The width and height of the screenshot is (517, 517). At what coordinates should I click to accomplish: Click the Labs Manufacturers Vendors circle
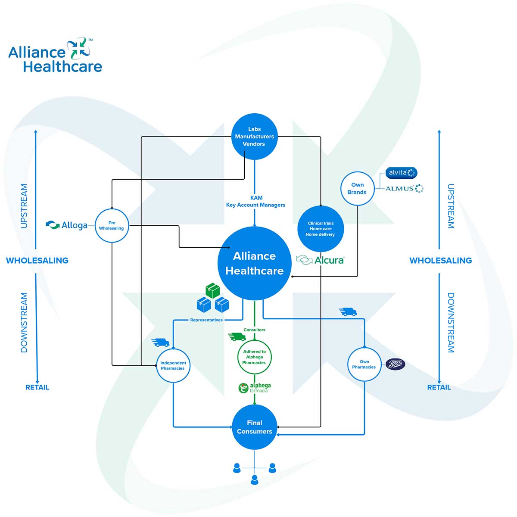click(254, 136)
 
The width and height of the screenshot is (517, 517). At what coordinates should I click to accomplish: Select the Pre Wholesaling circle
click(112, 225)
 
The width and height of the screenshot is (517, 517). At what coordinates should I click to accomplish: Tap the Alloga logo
click(67, 225)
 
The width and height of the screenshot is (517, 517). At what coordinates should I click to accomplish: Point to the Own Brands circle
click(357, 188)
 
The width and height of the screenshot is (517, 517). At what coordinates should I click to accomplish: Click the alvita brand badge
click(401, 173)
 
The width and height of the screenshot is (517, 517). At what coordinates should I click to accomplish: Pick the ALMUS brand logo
click(404, 188)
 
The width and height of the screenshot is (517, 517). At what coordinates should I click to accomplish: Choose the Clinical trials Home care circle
click(321, 229)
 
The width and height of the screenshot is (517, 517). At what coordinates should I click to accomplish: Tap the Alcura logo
click(321, 260)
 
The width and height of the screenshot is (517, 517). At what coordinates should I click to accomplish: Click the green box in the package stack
click(212, 290)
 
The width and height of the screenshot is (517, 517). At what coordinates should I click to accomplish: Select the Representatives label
click(206, 320)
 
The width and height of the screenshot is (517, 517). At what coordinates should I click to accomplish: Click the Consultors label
click(254, 330)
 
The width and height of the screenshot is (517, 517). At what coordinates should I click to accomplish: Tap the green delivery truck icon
click(237, 337)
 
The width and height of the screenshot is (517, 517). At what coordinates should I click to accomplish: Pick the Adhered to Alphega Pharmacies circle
click(254, 357)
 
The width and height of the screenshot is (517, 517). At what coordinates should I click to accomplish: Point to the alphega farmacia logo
click(255, 388)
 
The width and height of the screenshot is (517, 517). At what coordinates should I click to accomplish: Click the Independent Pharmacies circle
click(173, 365)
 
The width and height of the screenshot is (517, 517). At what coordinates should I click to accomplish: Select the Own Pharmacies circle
click(364, 364)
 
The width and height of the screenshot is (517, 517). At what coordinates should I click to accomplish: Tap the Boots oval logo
click(395, 364)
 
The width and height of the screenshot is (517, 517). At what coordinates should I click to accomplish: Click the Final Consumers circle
click(254, 427)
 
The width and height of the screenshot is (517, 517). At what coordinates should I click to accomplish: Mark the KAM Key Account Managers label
click(255, 201)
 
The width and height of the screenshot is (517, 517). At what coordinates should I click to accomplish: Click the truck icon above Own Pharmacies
click(348, 311)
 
